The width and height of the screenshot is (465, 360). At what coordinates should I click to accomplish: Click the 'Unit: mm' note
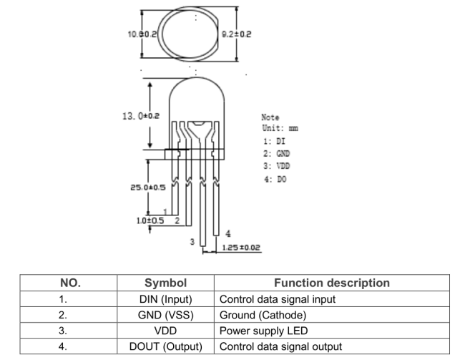pyautogui.click(x=279, y=127)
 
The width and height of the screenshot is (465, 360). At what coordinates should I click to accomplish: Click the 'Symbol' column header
pyautogui.click(x=166, y=283)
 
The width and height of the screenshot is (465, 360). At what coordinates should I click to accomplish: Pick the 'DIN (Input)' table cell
pyautogui.click(x=166, y=299)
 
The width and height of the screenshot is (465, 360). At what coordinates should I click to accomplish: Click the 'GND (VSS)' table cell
pyautogui.click(x=166, y=316)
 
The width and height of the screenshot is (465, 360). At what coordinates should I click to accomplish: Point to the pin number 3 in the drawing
pyautogui.click(x=192, y=242)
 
